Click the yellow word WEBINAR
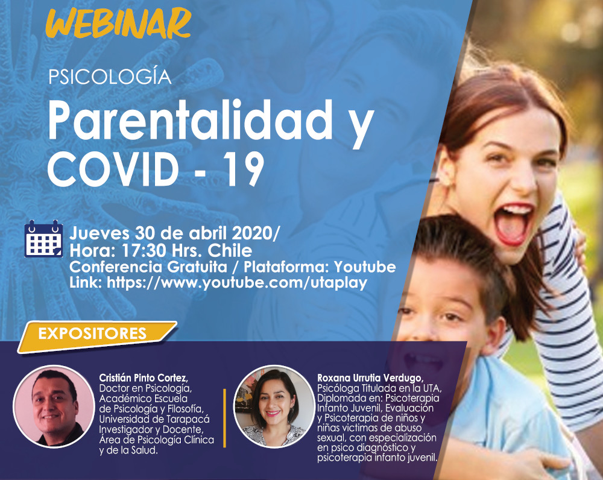coord(118,23)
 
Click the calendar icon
coord(43,238)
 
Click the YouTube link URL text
coord(237,283)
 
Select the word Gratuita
coord(197,267)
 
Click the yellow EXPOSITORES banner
coord(97,336)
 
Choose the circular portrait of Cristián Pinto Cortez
coord(54,406)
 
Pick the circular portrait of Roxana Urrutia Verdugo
coord(274,406)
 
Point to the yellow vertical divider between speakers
coord(224,418)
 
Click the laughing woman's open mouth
coord(513,224)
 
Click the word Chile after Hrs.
coord(230,251)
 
